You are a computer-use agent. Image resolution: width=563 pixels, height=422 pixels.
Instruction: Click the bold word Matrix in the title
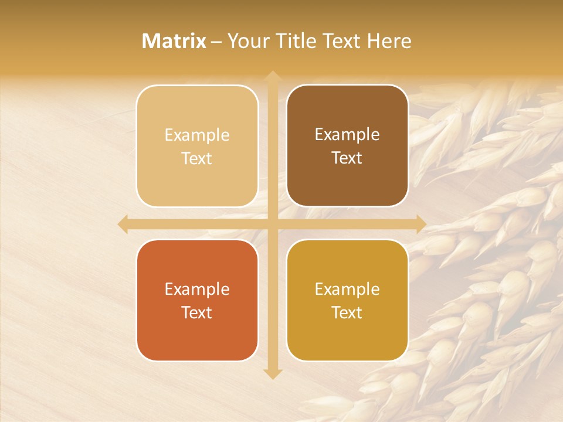pyautogui.click(x=174, y=41)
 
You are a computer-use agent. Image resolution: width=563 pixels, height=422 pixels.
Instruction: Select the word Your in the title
pyautogui.click(x=245, y=41)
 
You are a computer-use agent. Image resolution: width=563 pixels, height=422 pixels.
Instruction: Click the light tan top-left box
pyautogui.click(x=197, y=146)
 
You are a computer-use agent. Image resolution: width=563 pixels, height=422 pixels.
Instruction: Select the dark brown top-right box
pyautogui.click(x=347, y=146)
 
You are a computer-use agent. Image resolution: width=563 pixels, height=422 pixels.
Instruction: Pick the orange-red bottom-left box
pyautogui.click(x=197, y=300)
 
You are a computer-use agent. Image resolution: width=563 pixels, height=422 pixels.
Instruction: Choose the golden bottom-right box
pyautogui.click(x=347, y=300)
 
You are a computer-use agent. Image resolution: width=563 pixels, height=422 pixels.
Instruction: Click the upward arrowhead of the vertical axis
pyautogui.click(x=272, y=76)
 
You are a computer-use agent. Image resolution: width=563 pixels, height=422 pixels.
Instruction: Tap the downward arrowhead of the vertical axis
pyautogui.click(x=272, y=373)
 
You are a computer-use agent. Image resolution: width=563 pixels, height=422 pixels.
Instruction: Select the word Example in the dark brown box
pyautogui.click(x=347, y=134)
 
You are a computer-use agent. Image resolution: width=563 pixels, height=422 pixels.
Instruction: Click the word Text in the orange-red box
pyautogui.click(x=197, y=312)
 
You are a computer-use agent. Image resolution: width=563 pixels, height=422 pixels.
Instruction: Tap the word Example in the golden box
pyautogui.click(x=347, y=289)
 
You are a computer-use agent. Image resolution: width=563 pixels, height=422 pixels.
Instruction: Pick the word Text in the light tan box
pyautogui.click(x=197, y=158)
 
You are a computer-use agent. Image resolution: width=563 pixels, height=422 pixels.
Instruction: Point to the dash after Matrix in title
pyautogui.click(x=216, y=42)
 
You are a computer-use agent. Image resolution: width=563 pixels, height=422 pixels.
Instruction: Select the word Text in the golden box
pyautogui.click(x=347, y=312)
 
